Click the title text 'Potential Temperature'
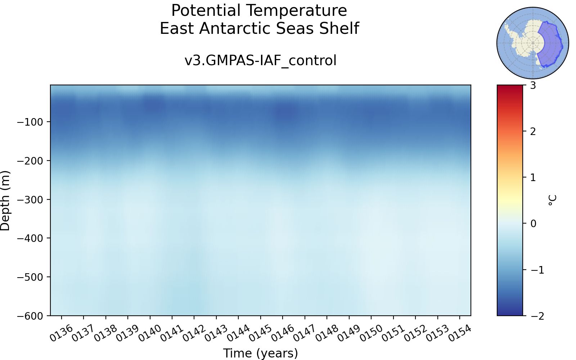coord(259,10)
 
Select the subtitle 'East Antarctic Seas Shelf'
coord(259,28)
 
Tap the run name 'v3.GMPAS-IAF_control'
coord(260,61)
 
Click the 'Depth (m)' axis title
coord(5,201)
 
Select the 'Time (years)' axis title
coord(261,353)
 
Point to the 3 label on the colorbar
coord(533,85)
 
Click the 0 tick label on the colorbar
coord(533,224)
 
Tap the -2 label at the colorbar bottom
coord(537,316)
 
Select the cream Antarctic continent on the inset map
coord(525,41)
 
